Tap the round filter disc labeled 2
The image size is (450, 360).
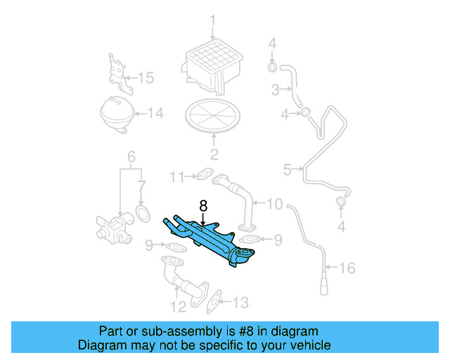point(213,115)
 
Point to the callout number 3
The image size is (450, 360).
point(276,89)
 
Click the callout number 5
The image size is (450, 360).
point(287,169)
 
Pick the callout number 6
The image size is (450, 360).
point(130,156)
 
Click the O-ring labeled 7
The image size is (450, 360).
point(143,213)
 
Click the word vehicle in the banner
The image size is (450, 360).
point(308,346)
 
